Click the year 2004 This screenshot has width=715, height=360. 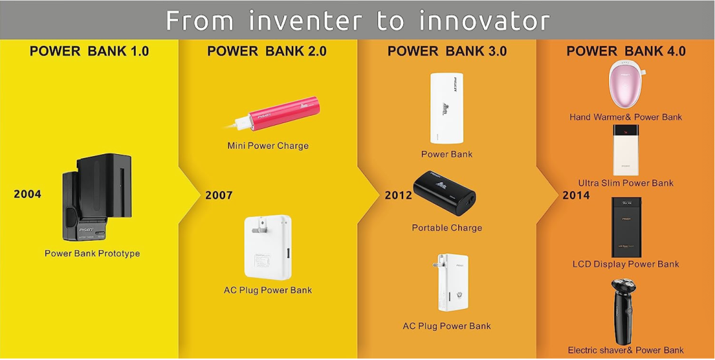[x=27, y=194]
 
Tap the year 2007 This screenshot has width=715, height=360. [x=219, y=195]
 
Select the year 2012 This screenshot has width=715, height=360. [x=399, y=195]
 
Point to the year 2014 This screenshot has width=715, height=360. [x=576, y=195]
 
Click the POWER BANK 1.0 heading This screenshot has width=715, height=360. [x=89, y=51]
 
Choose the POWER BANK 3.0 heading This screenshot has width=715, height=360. [x=447, y=51]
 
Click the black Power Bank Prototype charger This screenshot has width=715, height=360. [x=97, y=197]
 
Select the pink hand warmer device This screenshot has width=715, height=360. [x=627, y=85]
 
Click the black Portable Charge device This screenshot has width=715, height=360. [x=445, y=193]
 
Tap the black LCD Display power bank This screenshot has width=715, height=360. [x=626, y=227]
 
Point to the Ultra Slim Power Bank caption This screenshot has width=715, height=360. [x=626, y=183]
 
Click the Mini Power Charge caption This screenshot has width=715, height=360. [x=268, y=146]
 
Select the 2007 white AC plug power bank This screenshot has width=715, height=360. [x=268, y=247]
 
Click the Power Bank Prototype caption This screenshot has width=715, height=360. [x=92, y=253]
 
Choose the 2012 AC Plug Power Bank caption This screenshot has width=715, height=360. [x=447, y=326]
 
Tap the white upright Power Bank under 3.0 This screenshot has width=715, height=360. [x=446, y=108]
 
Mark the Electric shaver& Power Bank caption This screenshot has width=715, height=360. [x=626, y=350]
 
